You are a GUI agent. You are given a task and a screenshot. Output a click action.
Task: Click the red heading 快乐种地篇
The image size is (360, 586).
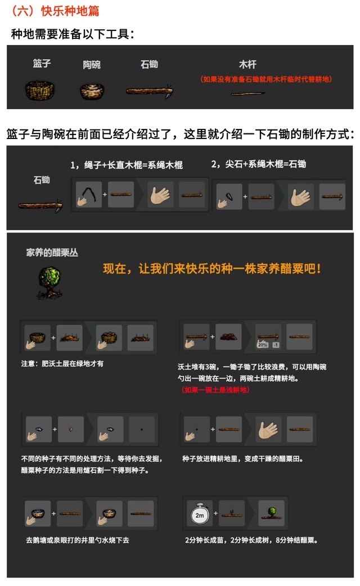(70, 11)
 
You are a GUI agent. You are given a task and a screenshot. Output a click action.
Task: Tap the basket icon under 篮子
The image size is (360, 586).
(39, 90)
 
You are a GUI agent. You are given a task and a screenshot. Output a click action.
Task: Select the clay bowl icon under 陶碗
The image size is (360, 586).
(92, 91)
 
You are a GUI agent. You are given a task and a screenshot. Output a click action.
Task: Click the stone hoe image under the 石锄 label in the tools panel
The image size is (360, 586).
(150, 91)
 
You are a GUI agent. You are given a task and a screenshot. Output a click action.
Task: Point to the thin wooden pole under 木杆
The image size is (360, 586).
(248, 93)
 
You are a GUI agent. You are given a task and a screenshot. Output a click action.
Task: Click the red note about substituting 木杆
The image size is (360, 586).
(266, 79)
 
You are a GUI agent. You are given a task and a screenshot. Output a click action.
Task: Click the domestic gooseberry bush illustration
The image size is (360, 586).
(49, 282)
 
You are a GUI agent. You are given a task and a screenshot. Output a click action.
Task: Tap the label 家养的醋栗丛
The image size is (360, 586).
(52, 253)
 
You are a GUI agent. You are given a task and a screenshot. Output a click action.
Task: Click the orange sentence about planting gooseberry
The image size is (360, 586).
(212, 269)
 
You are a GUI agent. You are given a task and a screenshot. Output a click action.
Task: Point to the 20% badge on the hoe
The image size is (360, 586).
(263, 345)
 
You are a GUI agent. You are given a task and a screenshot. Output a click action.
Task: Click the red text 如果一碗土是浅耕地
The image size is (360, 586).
(215, 390)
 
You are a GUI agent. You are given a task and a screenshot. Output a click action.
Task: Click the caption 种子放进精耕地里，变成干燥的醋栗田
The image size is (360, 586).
(243, 459)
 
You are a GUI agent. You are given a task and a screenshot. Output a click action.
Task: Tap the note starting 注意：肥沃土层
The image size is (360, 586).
(62, 363)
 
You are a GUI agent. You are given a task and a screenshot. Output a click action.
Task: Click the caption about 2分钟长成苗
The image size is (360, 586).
(251, 540)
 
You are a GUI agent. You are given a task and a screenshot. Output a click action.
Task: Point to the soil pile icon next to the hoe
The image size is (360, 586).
(228, 337)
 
